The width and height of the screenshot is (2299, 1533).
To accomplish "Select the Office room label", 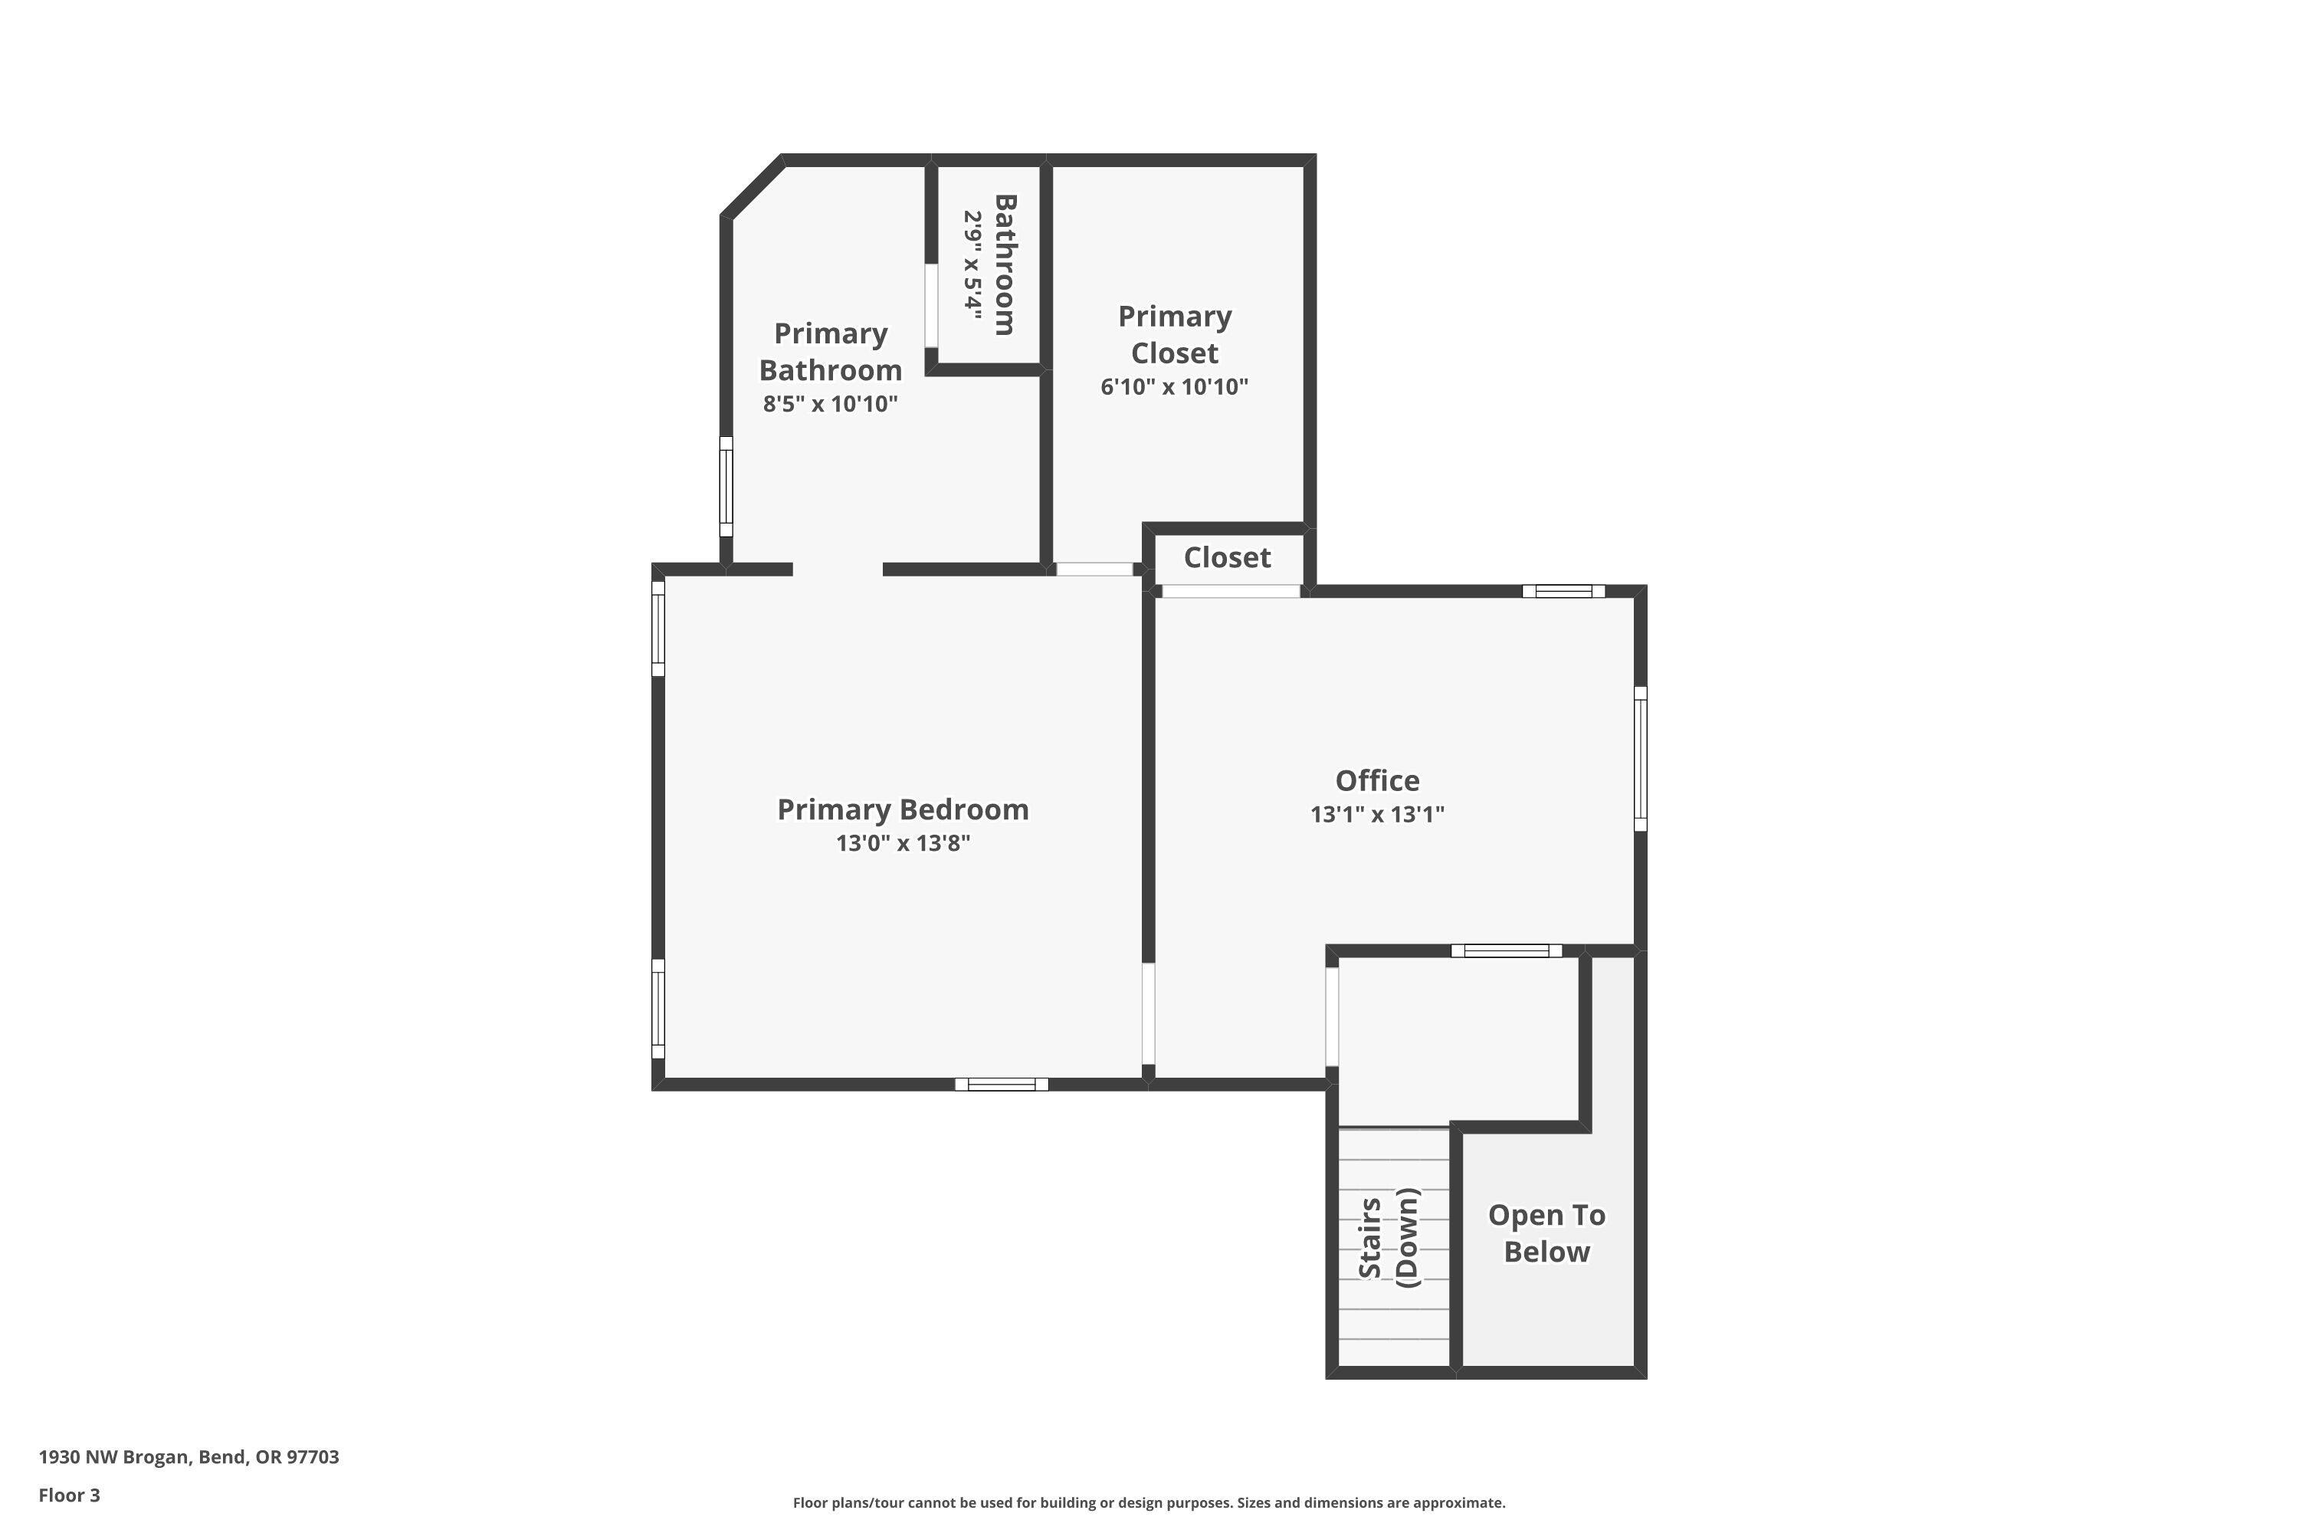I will click(x=1377, y=780).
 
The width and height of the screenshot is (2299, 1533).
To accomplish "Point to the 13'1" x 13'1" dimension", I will click(x=1377, y=814).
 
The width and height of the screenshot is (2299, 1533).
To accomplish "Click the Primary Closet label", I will click(x=1174, y=334).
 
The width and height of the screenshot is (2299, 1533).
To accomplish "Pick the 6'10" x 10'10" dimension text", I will click(x=1174, y=387).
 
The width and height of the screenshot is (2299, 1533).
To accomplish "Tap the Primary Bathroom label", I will click(x=830, y=352).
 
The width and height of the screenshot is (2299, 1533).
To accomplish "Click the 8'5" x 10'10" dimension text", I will click(x=830, y=404).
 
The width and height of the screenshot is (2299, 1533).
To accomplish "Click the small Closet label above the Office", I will click(x=1227, y=557).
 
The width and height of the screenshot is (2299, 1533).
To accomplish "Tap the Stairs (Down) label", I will click(x=1388, y=1237).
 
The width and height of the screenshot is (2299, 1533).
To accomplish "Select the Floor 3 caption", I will click(x=70, y=1495).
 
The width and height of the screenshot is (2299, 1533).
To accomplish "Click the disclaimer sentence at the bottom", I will click(x=1149, y=1502).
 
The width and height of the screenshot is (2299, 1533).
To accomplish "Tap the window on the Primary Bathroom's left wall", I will click(x=726, y=487).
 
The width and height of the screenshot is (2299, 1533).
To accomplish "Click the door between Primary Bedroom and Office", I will click(x=1149, y=1014).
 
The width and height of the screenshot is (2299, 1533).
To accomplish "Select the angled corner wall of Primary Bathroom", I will click(x=753, y=187).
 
